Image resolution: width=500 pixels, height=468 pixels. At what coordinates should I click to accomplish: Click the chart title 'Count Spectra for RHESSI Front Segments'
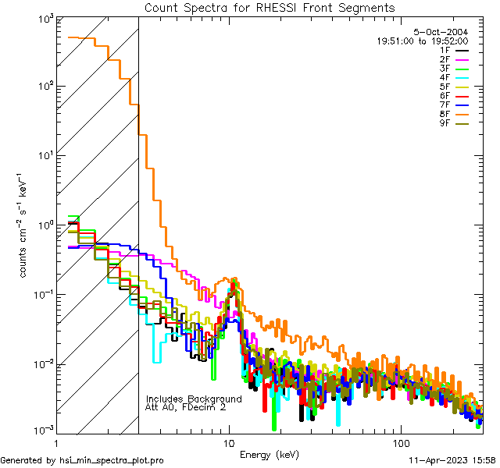pos(270,8)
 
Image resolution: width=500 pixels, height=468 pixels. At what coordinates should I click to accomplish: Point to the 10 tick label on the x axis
pos(229,443)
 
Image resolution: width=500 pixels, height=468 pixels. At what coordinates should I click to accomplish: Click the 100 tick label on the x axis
pos(400,443)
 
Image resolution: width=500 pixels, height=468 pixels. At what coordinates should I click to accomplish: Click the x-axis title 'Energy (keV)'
pos(270,454)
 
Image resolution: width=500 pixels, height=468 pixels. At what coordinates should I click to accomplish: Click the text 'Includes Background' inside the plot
pos(194,399)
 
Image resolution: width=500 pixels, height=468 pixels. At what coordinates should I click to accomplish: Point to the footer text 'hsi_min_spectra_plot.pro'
pos(111,461)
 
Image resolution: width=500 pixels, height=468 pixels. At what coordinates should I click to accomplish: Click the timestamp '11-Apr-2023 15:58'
pos(452,461)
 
